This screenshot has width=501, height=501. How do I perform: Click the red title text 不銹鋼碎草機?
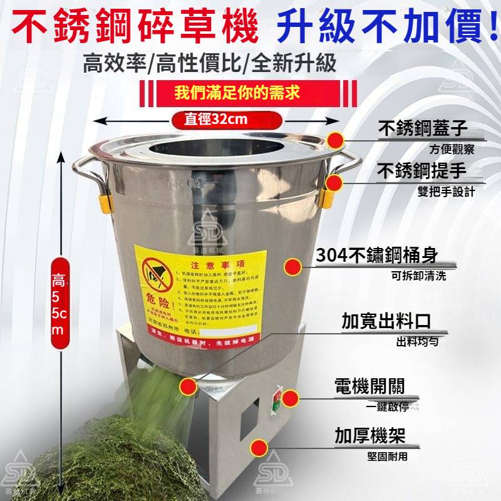pos(135,29)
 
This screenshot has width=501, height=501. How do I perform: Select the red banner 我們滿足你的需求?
pos(237,94)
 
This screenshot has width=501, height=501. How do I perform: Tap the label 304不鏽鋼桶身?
pos(376,256)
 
